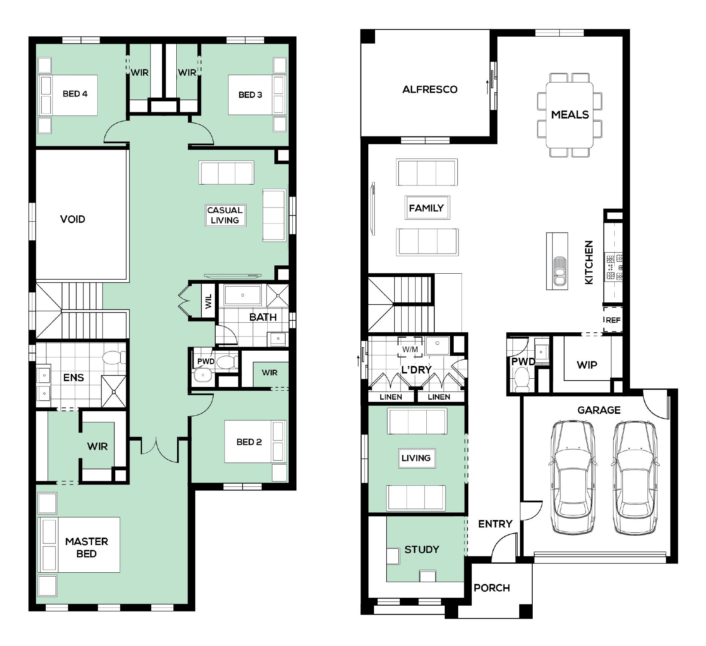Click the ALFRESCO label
(430, 89)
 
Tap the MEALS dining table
(569, 115)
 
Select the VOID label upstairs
(73, 219)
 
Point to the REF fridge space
(613, 320)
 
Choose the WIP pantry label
(587, 365)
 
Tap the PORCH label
(492, 588)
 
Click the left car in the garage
(572, 477)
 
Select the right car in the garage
(635, 477)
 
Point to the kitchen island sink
(559, 271)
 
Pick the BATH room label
(263, 317)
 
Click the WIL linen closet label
(209, 301)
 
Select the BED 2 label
(249, 442)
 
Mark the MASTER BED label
(86, 547)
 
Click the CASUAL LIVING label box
(225, 215)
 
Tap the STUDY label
(422, 549)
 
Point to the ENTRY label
(495, 524)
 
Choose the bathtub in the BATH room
(243, 295)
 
